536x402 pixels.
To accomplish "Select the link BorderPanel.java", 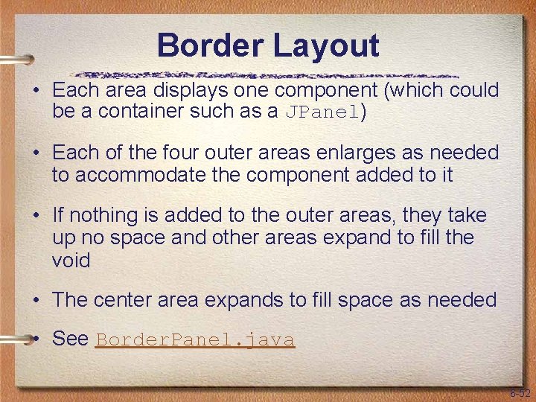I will pyautogui.click(x=195, y=339).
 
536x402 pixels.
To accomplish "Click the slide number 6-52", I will pyautogui.click(x=520, y=393).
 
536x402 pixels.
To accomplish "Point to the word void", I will pyautogui.click(x=71, y=261).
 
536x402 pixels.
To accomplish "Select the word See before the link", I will pyautogui.click(x=71, y=339).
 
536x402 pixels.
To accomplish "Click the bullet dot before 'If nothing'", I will pyautogui.click(x=36, y=216).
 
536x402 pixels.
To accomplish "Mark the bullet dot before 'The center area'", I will pyautogui.click(x=36, y=300).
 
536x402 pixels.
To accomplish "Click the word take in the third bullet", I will pyautogui.click(x=468, y=216).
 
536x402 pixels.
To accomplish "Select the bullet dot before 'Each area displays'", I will pyautogui.click(x=36, y=91).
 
